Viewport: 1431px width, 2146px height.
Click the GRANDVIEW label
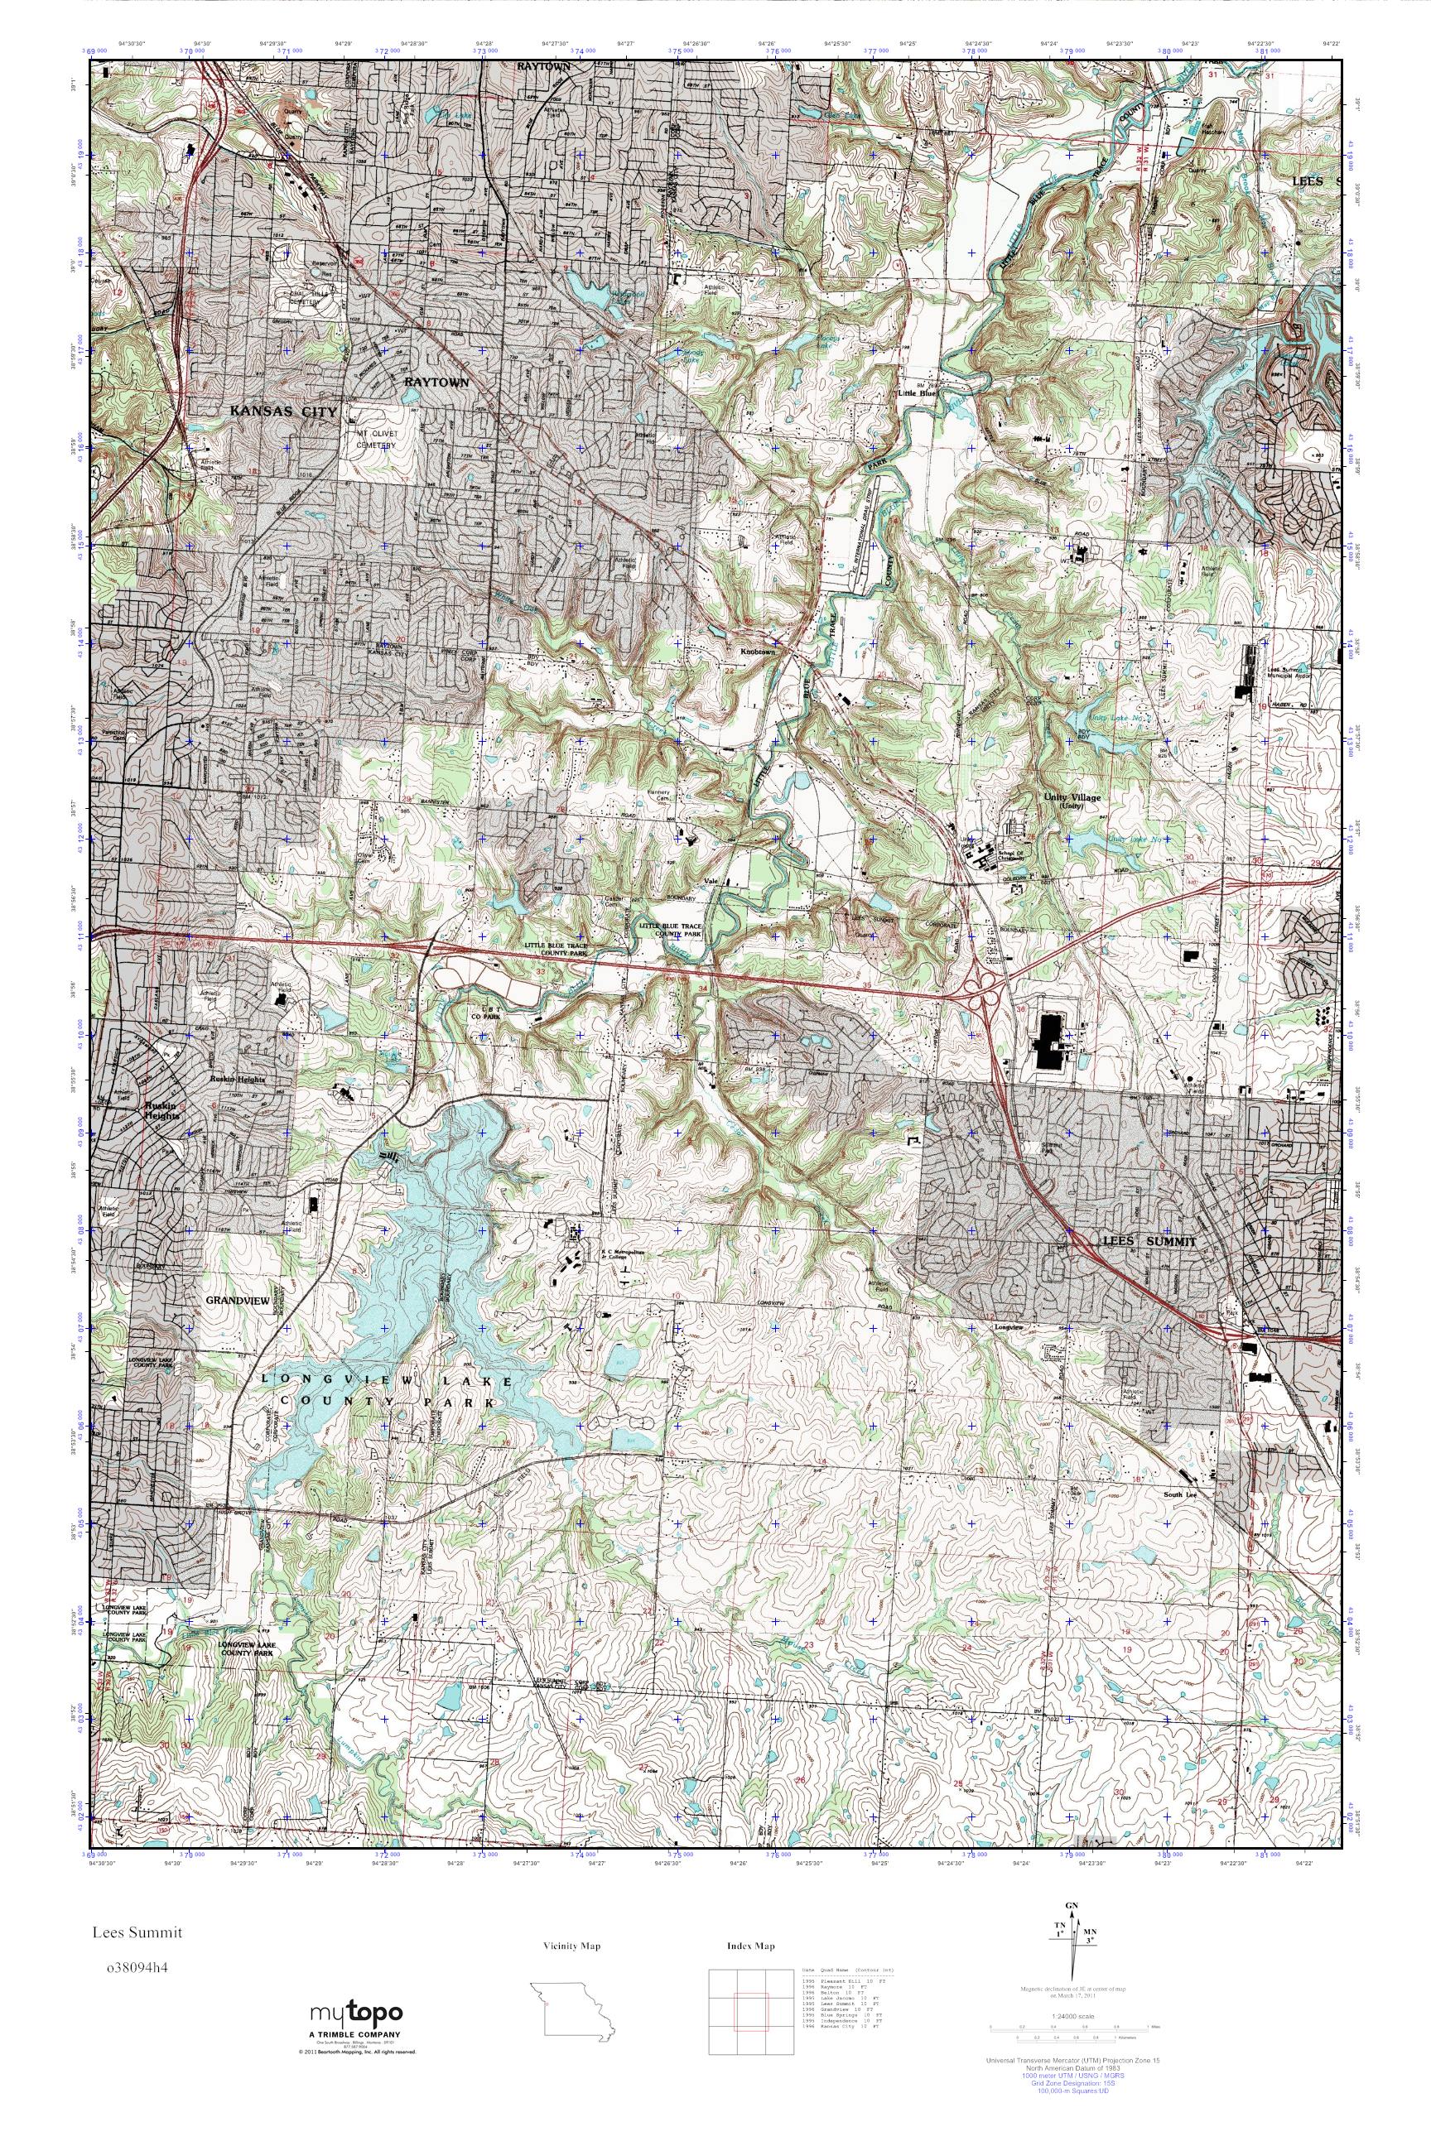[x=238, y=1302]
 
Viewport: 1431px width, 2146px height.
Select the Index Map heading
[x=750, y=1946]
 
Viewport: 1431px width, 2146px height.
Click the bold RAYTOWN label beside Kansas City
[x=436, y=383]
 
